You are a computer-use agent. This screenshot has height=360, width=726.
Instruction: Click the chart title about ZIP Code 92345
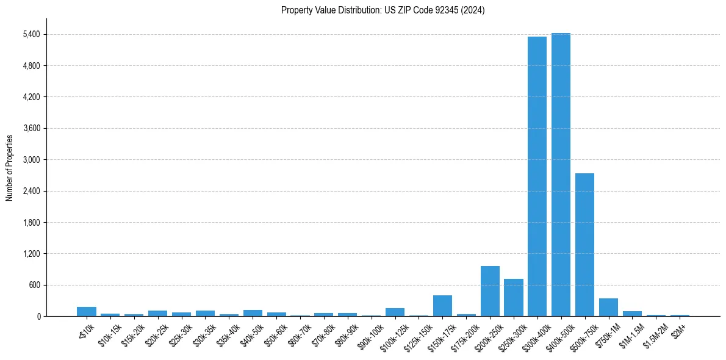pos(383,10)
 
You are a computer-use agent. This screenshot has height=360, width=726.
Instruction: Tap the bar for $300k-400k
pos(537,176)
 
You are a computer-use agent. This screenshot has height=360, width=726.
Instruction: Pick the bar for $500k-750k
pos(584,245)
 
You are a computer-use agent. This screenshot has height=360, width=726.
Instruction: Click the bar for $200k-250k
pos(490,291)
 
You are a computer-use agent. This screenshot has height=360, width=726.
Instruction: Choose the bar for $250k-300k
pos(514,298)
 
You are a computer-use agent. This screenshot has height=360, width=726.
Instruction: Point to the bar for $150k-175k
pos(442,306)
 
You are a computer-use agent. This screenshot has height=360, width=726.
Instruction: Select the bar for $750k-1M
pos(608,308)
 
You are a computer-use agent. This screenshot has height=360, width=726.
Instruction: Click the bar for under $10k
pos(87,311)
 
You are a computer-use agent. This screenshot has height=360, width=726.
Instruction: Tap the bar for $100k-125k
pos(395,312)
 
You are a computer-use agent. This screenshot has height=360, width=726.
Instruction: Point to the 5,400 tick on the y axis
pos(31,34)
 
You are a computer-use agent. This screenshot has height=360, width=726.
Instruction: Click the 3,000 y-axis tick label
pos(31,160)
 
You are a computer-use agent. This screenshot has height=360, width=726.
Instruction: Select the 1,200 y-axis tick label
pos(31,254)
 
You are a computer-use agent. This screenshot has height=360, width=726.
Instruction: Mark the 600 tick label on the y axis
pos(34,285)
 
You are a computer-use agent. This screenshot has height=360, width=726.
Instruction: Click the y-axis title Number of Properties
pos(10,168)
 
